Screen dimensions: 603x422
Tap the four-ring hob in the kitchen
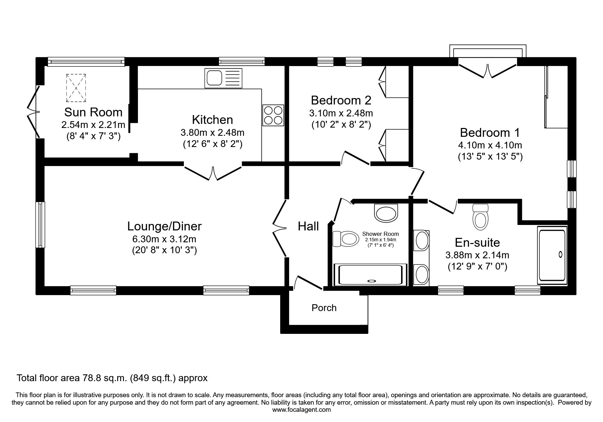point(273,115)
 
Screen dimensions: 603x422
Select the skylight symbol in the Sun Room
point(76,88)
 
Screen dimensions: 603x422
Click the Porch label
point(324,308)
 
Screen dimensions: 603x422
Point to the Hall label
point(308,226)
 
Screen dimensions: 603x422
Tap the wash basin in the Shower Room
point(386,213)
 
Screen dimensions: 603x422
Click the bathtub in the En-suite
point(552,255)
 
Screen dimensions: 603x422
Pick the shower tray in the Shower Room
point(370,275)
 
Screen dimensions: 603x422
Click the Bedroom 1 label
point(490,132)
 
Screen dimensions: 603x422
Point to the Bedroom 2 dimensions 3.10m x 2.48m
point(341,113)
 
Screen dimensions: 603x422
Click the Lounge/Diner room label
point(164,226)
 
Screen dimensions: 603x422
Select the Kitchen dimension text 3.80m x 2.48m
point(212,132)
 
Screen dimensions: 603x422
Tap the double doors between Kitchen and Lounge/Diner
point(213,172)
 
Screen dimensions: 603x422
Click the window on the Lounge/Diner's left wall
point(41,225)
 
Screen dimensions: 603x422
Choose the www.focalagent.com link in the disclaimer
point(301,410)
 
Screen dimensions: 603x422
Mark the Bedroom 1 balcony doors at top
point(488,70)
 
